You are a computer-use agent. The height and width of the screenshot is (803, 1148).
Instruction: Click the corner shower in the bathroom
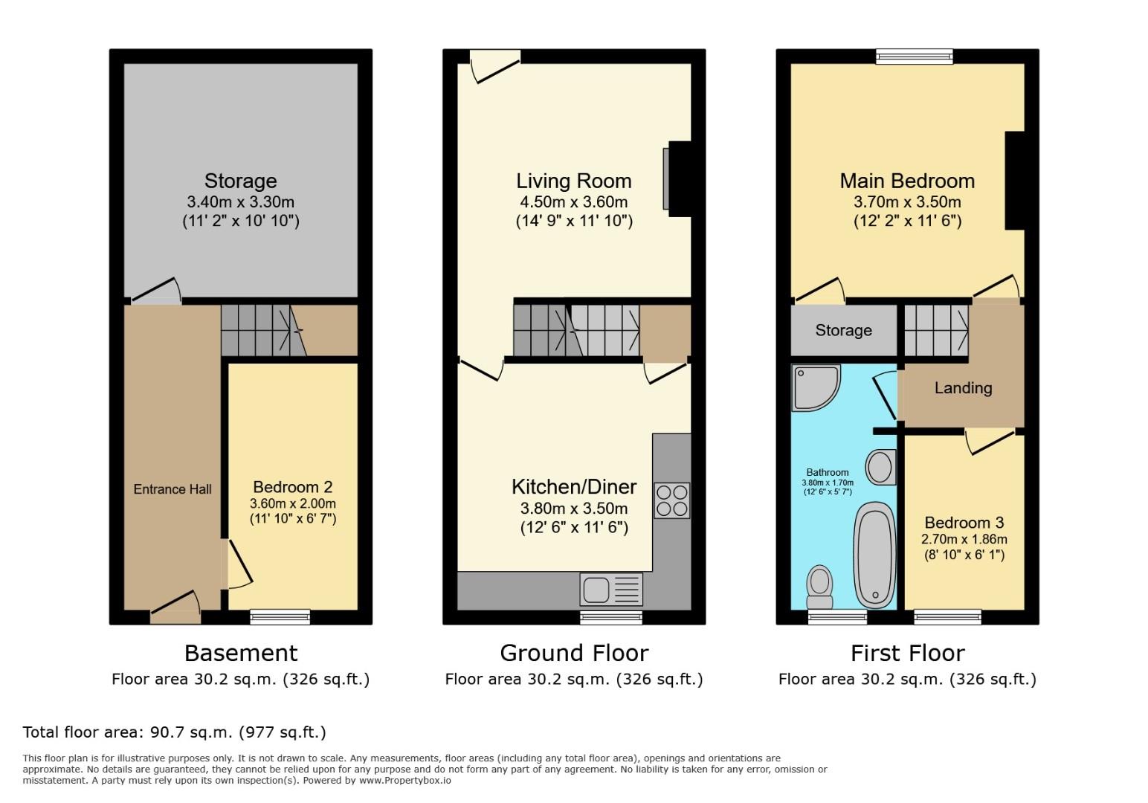815,387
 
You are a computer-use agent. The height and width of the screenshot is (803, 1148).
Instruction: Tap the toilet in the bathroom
819,587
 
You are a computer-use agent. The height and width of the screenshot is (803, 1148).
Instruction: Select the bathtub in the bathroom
874,555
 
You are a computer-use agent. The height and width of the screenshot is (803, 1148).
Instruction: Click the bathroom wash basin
881,468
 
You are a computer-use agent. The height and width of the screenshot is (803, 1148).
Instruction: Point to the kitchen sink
610,590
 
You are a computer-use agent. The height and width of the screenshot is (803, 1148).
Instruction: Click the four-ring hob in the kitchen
671,500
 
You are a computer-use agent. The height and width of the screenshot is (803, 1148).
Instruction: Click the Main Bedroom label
906,181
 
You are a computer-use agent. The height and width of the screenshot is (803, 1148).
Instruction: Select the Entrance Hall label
172,489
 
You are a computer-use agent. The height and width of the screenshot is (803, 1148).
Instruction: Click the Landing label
963,388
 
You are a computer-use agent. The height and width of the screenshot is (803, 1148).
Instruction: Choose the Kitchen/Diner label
574,487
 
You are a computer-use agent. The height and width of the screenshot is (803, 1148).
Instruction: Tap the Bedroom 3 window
947,616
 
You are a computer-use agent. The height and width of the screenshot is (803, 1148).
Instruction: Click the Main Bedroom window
914,56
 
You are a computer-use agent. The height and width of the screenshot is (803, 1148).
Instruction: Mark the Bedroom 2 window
280,616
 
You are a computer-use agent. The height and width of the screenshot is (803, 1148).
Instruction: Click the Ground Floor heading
574,653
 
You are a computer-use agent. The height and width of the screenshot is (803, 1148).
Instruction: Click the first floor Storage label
843,330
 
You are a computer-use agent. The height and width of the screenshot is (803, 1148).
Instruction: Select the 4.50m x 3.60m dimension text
574,202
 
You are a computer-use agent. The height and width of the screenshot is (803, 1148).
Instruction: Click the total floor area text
174,732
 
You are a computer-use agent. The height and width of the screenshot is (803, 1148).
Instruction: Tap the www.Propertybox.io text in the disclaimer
405,781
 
